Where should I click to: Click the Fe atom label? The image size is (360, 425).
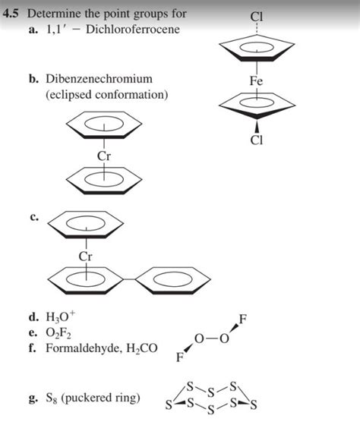[257, 80]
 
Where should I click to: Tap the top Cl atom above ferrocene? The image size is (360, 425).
[257, 17]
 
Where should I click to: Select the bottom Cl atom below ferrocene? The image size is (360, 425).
[257, 140]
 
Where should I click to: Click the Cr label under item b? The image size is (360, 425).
[104, 156]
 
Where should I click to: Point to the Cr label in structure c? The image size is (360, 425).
[86, 257]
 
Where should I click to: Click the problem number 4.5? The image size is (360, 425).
[11, 14]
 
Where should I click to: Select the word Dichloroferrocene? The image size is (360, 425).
[133, 30]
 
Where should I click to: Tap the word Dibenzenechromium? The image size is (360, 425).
[99, 79]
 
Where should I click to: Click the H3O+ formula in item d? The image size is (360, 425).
[61, 316]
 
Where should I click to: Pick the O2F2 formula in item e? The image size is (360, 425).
[58, 332]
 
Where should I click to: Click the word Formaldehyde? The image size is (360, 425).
[82, 348]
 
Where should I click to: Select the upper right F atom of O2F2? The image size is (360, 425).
[243, 319]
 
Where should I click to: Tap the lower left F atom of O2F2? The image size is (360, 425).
[180, 357]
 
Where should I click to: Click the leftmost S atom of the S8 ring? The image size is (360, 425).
[169, 405]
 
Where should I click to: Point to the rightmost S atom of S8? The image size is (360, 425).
[253, 405]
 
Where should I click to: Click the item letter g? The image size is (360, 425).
[33, 398]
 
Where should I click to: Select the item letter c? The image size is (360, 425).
[33, 218]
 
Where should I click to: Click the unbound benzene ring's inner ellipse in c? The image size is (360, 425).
[174, 279]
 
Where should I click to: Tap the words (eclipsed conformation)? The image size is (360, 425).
[106, 95]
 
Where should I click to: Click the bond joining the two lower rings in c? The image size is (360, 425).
[129, 279]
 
